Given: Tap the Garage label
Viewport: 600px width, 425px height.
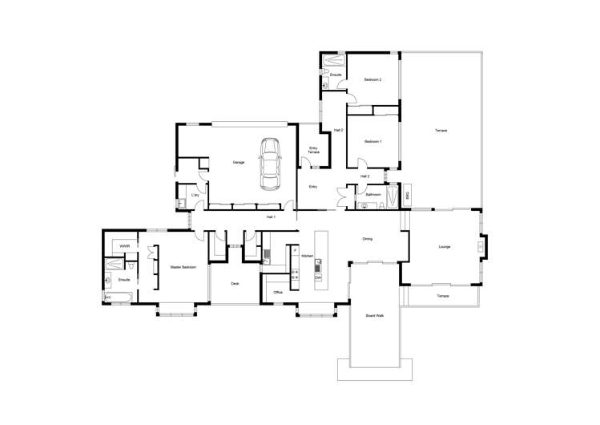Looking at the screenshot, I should click(x=238, y=163).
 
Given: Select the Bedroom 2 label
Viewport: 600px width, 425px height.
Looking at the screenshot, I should click(x=372, y=80).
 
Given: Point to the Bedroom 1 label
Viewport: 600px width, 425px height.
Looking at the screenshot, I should click(x=372, y=142).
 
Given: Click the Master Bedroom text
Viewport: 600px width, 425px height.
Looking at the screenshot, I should click(x=182, y=267).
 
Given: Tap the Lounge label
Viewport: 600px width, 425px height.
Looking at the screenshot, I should click(x=445, y=247).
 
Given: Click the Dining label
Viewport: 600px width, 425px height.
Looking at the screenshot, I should click(x=367, y=239).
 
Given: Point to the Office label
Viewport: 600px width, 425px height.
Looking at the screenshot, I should click(x=278, y=293).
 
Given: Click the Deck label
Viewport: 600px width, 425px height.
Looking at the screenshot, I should click(x=236, y=284).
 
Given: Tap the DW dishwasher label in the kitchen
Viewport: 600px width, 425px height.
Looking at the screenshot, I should click(x=318, y=277).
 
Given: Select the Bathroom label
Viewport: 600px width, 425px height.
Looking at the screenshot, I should click(x=372, y=195).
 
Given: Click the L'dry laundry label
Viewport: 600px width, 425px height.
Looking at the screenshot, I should click(x=195, y=195).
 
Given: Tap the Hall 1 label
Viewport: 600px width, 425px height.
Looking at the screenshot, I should click(x=271, y=217).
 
